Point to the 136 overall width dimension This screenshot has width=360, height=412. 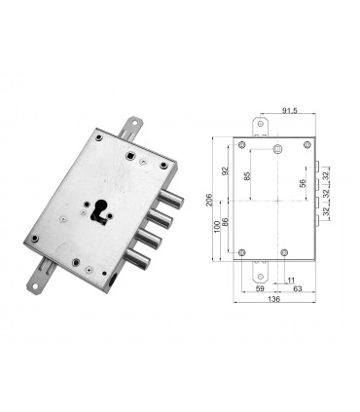pyautogui.click(x=275, y=300)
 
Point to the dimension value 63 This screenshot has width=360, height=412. pyautogui.click(x=296, y=287)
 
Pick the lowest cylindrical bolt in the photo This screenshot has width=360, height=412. pyautogui.click(x=140, y=259)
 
